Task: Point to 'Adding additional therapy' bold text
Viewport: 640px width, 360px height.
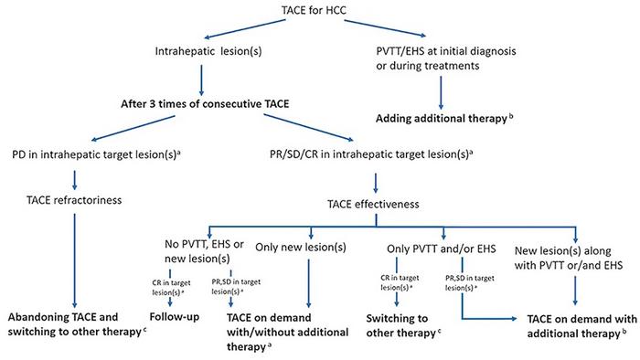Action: click(444, 119)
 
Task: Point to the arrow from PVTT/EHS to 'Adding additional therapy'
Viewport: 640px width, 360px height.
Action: click(444, 90)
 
